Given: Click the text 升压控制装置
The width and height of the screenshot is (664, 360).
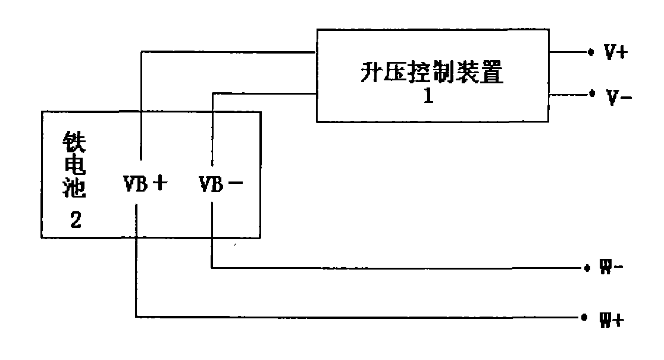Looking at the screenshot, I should (433, 73).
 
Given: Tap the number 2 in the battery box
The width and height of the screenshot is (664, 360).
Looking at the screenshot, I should (76, 221).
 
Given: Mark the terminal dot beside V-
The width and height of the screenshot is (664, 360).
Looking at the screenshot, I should (591, 94).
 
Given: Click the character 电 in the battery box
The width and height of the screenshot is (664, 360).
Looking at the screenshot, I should (74, 167).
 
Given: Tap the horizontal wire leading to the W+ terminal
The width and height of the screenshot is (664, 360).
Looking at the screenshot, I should (357, 318).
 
